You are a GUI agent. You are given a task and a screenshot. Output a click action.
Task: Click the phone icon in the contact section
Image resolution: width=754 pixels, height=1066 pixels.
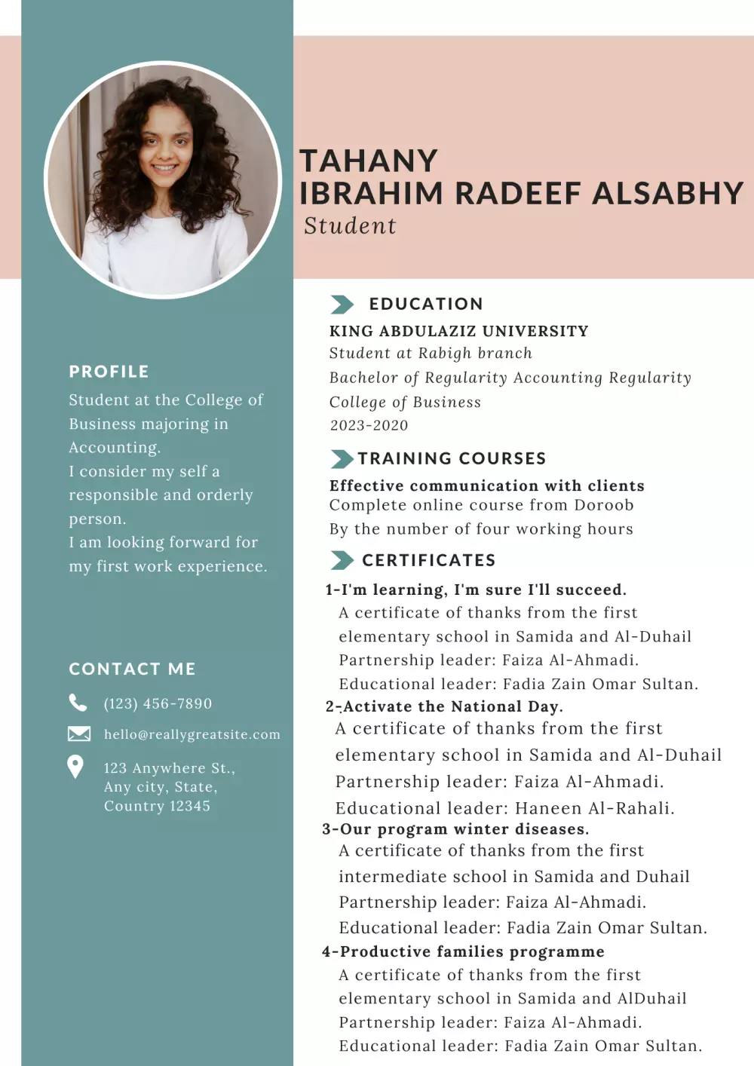(x=78, y=703)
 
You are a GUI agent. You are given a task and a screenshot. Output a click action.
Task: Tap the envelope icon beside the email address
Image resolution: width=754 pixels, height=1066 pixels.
(x=78, y=734)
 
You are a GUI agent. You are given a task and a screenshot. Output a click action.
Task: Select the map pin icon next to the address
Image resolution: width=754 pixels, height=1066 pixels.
(x=75, y=767)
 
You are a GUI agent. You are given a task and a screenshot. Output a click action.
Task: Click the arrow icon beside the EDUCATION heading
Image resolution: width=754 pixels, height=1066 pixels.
(x=342, y=305)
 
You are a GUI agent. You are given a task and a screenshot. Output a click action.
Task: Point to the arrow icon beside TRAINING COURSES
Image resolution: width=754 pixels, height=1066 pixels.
(x=342, y=459)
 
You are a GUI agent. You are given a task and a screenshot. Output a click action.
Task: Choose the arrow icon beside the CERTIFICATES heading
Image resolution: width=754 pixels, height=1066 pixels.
(x=342, y=560)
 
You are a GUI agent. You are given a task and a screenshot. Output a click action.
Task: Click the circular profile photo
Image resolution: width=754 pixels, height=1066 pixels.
(x=163, y=179)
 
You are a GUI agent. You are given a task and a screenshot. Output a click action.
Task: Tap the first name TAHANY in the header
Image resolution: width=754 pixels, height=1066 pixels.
(x=369, y=161)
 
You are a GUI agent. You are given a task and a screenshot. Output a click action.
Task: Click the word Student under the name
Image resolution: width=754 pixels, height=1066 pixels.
(x=350, y=226)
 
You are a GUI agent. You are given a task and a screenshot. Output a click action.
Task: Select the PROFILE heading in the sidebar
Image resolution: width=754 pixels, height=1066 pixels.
(x=109, y=372)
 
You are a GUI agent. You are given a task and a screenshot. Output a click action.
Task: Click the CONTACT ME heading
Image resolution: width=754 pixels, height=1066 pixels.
(x=132, y=669)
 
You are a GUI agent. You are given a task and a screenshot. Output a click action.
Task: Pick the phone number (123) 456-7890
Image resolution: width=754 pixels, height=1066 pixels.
(x=158, y=703)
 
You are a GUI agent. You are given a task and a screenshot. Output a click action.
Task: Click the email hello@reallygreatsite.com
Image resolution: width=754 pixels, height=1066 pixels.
(x=192, y=734)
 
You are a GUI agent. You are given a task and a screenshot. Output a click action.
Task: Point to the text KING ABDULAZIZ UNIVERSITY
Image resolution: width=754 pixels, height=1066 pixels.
(x=458, y=331)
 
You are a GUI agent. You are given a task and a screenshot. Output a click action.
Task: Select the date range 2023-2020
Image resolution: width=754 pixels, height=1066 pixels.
(x=369, y=425)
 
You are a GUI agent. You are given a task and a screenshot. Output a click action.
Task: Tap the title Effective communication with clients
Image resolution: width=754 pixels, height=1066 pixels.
(x=486, y=486)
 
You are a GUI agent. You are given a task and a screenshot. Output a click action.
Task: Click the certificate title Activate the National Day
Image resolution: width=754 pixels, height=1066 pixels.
(x=452, y=706)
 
